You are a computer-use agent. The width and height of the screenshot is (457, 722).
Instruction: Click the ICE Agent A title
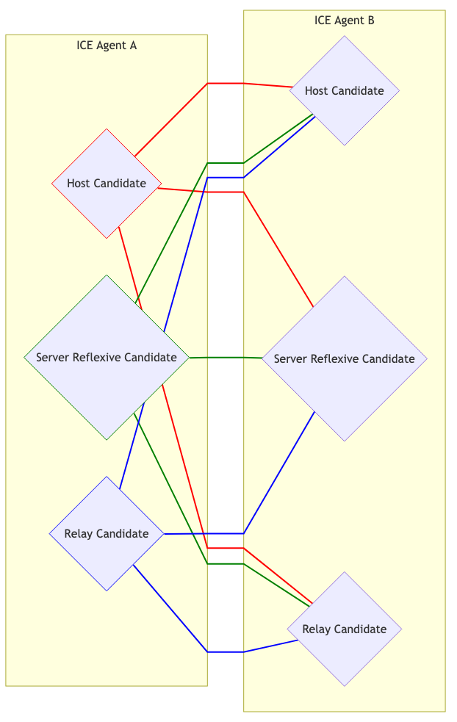[x=107, y=46]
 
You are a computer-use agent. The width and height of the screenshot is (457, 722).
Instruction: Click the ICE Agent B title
[x=344, y=21]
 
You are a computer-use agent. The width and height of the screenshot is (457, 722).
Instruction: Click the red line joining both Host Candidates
[x=225, y=84]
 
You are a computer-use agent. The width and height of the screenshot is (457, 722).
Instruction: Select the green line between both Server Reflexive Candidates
[x=225, y=358]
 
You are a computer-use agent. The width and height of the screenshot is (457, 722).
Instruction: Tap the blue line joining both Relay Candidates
[x=225, y=651]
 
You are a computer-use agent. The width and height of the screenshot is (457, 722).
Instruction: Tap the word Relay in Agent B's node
[x=317, y=629]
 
